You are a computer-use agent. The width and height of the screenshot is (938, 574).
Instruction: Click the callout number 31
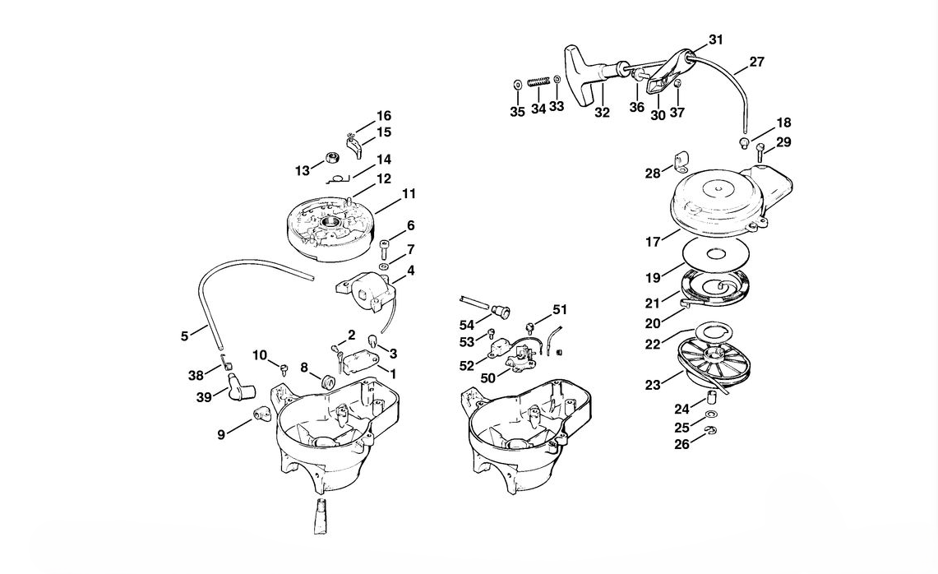point(716,39)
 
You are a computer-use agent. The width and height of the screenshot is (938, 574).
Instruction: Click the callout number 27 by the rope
point(756,62)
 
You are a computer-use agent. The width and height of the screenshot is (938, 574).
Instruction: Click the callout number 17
point(653,243)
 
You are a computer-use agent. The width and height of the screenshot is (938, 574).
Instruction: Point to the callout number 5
point(184,336)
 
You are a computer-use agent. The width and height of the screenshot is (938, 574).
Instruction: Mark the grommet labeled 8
point(327,382)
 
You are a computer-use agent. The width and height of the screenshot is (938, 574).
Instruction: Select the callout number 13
point(303,171)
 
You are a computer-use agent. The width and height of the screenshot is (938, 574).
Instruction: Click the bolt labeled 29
point(760,151)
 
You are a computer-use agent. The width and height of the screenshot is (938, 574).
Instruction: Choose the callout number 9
point(221,435)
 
